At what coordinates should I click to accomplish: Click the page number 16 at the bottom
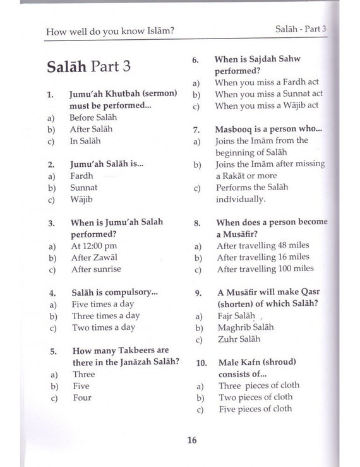191,440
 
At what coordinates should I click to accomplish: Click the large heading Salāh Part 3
88,66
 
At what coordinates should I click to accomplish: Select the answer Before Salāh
93,118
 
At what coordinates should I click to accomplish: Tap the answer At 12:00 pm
94,246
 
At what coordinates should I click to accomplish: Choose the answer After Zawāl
94,257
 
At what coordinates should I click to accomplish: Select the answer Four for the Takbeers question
81,397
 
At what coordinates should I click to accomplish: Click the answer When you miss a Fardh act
267,83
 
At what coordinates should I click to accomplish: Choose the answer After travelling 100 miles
265,269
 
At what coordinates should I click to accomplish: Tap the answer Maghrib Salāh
246,327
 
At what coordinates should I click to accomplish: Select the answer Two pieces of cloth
256,397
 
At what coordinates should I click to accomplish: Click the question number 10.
201,363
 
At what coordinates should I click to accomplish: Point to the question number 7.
197,130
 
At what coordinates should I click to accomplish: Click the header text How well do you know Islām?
110,31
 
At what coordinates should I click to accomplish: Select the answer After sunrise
96,269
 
